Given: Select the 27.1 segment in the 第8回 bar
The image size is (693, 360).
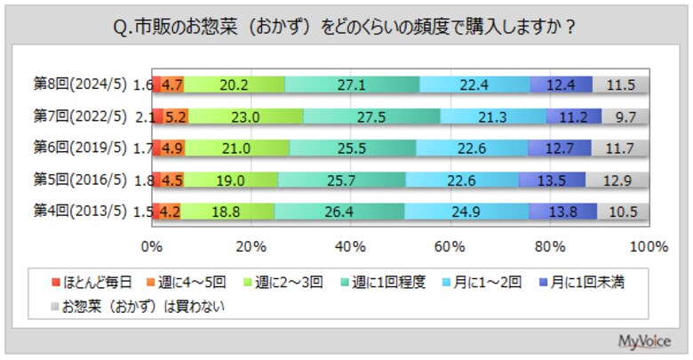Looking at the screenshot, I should pyautogui.click(x=353, y=85).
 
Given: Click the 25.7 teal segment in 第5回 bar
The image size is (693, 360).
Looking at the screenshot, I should pyautogui.click(x=342, y=180).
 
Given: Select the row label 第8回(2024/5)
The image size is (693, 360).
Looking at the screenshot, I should pyautogui.click(x=81, y=85).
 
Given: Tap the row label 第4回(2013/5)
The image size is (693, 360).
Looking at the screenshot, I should pyautogui.click(x=81, y=212).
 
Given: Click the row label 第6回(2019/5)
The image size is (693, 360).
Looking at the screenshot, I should pyautogui.click(x=81, y=148).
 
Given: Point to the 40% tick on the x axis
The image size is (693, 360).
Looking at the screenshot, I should pyautogui.click(x=352, y=244).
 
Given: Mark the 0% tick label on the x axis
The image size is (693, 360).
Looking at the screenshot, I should pyautogui.click(x=154, y=244).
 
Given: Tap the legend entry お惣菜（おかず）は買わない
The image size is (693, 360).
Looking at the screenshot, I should pyautogui.click(x=142, y=308).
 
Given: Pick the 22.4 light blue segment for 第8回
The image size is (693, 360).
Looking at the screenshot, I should pyautogui.click(x=475, y=85).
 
